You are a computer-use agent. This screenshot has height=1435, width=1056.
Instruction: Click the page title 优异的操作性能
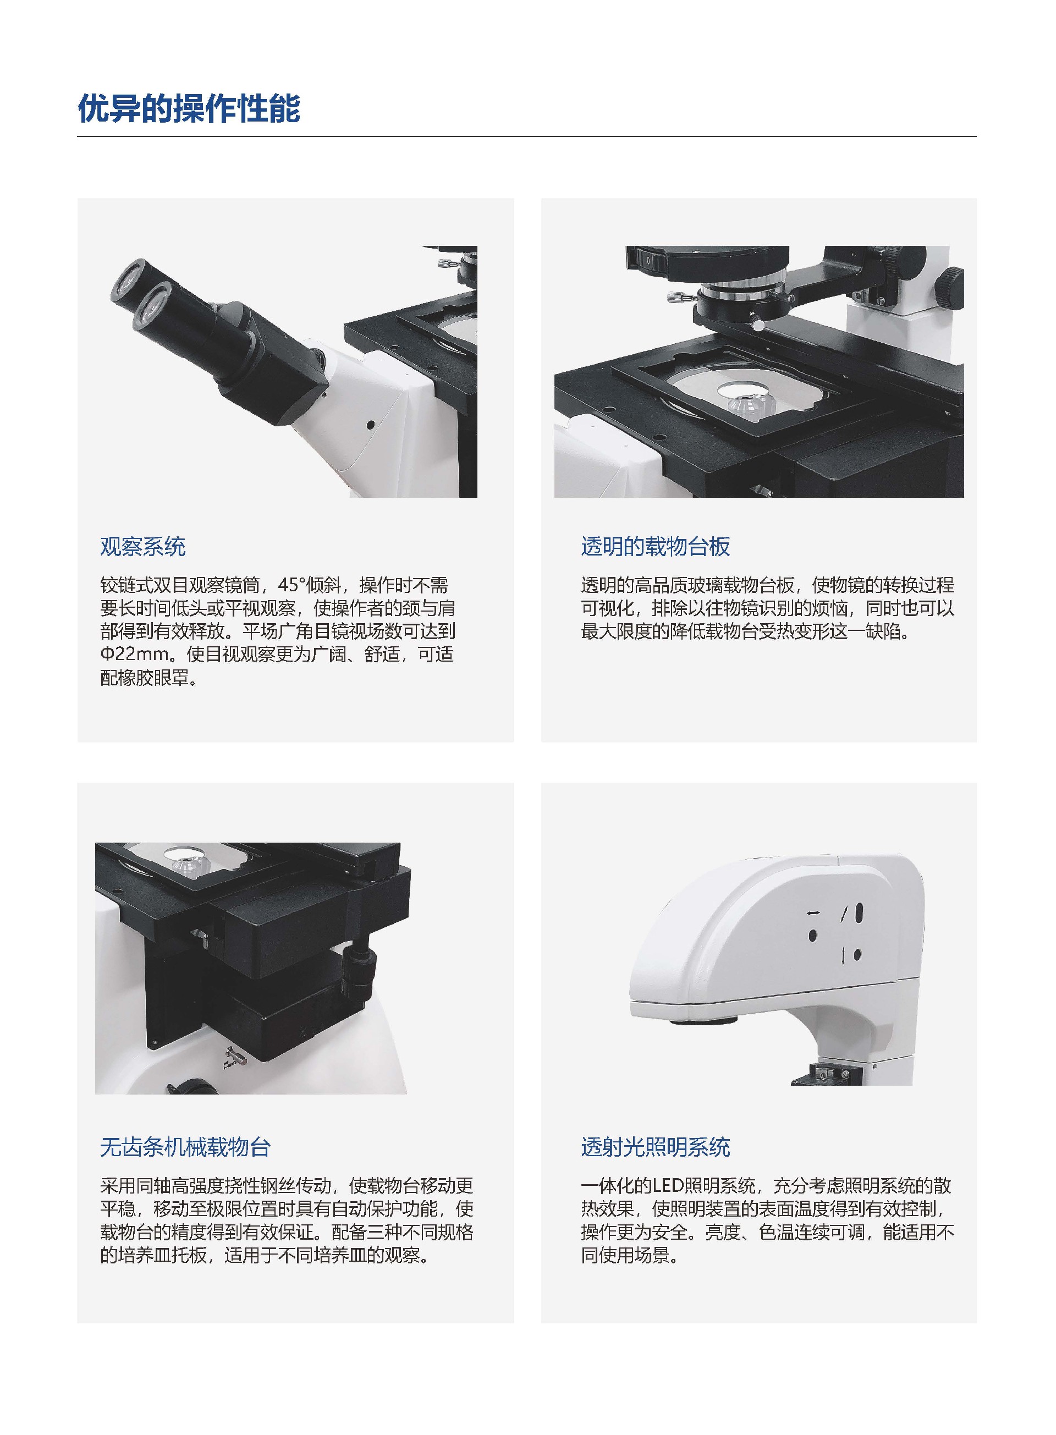(189, 109)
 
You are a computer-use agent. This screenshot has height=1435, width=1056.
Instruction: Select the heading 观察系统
(142, 547)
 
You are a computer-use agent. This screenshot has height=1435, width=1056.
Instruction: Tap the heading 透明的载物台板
(655, 547)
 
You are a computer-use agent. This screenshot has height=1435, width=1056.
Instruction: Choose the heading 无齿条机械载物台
(185, 1147)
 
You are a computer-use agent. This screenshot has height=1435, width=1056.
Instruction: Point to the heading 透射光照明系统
(655, 1147)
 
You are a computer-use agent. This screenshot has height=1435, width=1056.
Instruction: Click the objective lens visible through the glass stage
(749, 402)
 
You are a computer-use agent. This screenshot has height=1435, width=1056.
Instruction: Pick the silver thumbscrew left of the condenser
(675, 297)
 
